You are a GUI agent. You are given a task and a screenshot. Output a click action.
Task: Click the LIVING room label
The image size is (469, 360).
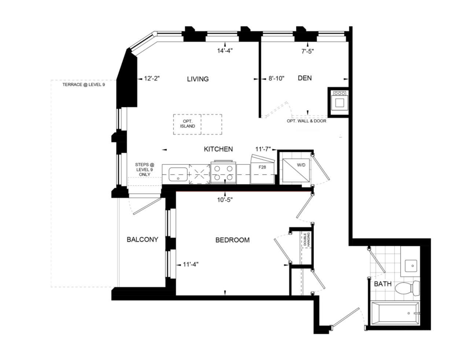coord(198,79)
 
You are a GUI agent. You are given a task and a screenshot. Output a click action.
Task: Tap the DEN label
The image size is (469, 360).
coord(304,78)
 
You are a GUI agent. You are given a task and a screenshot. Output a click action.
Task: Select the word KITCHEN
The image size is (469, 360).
coord(218,149)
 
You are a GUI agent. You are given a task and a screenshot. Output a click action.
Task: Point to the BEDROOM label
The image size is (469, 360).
coord(232,240)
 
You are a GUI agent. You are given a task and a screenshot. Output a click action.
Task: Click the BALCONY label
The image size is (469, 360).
coord(143,239)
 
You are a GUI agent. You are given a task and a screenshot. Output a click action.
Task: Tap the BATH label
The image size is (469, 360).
coord(383,284)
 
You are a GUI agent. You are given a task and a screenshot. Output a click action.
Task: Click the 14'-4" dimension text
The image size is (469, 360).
coord(225,51)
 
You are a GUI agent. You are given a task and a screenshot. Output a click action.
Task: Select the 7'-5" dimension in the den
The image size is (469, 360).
coord(307,51)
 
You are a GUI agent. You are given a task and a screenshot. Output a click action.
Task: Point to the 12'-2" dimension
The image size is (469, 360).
coord(152,78)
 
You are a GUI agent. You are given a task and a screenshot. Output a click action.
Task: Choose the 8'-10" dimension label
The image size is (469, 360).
coord(276,78)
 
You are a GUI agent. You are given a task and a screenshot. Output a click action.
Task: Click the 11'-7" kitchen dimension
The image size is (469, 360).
coord(263,149)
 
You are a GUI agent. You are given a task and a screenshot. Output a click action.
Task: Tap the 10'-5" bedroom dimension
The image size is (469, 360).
coord(225,200)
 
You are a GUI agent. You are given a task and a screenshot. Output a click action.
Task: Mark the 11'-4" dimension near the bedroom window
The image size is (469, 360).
coord(191,265)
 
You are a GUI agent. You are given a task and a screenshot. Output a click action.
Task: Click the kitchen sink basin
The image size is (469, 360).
coord(178,174)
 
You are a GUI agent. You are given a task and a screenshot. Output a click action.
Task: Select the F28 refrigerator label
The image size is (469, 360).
coord(262,167)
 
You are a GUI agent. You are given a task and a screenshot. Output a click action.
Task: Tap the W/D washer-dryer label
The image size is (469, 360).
coord(301,165)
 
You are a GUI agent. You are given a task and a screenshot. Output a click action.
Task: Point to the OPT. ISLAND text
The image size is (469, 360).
coord(187,124)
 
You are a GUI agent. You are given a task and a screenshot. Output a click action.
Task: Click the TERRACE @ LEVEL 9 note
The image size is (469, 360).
coord(84,85)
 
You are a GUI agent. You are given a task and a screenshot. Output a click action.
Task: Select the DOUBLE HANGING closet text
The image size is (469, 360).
coord(307,239)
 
